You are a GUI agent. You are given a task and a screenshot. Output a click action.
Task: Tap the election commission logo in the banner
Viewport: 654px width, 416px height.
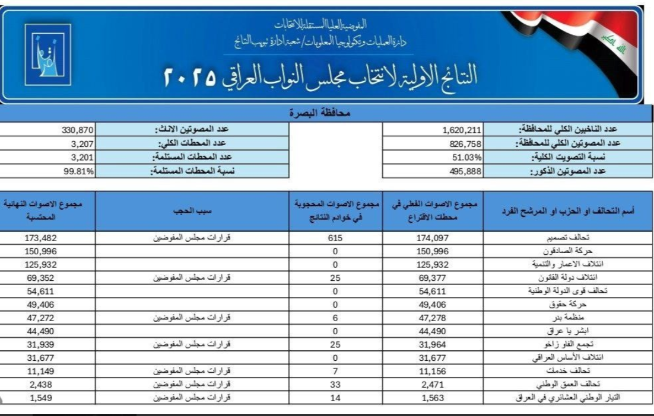click(47, 53)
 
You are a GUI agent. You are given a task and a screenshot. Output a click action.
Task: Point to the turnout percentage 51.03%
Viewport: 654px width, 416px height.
click(465, 157)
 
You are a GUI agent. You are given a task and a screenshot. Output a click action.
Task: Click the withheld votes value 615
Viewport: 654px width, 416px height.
click(336, 238)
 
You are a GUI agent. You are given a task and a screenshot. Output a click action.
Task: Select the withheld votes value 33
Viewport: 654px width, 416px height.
click(336, 385)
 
